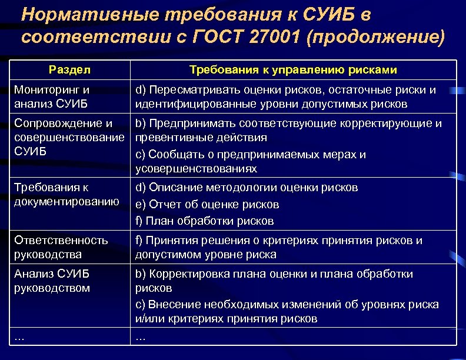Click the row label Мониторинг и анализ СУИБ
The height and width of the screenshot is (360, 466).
[x=53, y=97]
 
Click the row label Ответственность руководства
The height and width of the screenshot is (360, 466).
[x=61, y=248]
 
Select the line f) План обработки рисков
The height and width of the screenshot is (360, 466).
[x=204, y=221]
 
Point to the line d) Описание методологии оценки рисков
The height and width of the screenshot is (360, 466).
[x=247, y=188]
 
